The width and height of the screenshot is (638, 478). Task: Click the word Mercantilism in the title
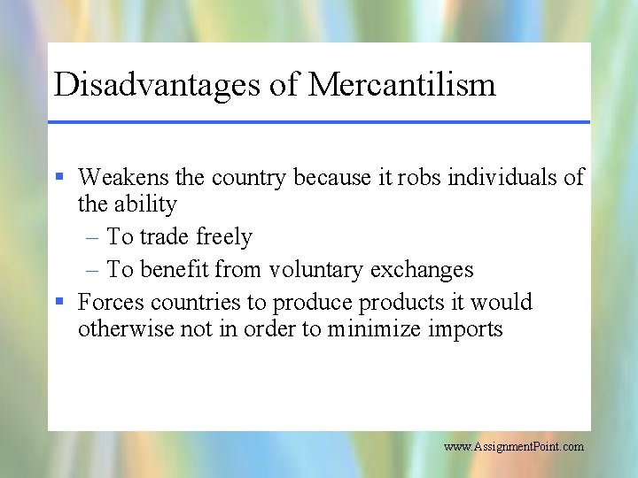tap(401, 85)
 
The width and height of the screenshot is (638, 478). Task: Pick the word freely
tap(223, 237)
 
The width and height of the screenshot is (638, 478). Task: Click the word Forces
tap(112, 302)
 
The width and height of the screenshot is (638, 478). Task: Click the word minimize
tap(371, 329)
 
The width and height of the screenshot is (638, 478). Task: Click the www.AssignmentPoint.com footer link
tap(514, 447)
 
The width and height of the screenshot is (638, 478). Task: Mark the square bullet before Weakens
tap(59, 177)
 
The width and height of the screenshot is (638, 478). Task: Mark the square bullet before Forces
tap(59, 302)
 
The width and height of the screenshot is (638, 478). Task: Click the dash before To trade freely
tap(93, 237)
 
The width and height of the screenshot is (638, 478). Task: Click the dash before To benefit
tap(93, 269)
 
